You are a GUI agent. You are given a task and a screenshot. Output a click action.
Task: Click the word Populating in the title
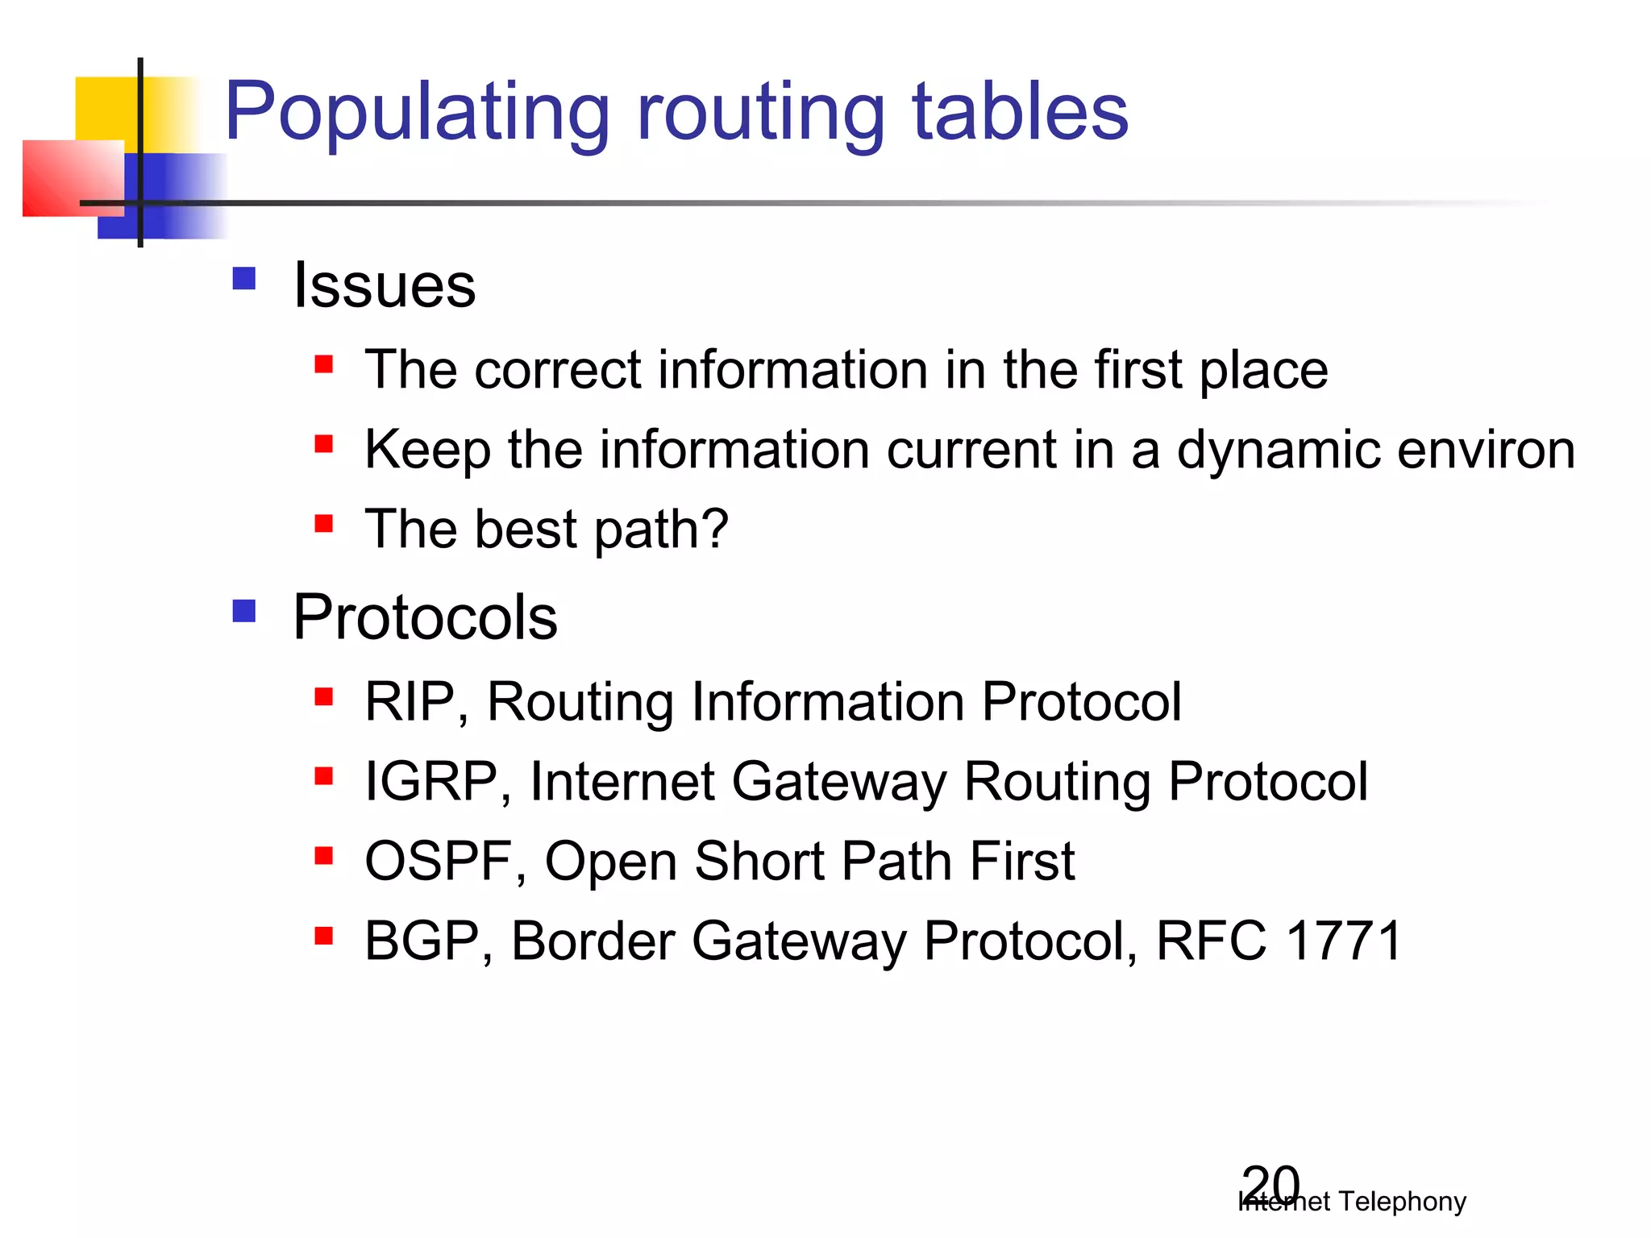click(417, 113)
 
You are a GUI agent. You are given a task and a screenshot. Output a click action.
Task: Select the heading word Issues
click(385, 286)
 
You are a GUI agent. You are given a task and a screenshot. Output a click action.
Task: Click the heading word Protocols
click(425, 618)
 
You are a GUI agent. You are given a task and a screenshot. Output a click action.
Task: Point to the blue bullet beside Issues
click(243, 279)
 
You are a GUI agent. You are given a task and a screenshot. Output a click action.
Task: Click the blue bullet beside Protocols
click(243, 610)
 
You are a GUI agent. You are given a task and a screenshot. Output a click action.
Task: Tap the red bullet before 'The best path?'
click(324, 524)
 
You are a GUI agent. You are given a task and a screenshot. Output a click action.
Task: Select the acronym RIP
click(410, 701)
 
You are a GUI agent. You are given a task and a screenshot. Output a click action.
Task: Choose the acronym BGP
click(421, 941)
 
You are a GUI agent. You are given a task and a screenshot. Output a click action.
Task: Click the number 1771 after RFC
click(1344, 941)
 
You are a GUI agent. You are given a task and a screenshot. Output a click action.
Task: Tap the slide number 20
click(1270, 1185)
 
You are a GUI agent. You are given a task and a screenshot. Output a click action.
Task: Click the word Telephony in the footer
click(1403, 1202)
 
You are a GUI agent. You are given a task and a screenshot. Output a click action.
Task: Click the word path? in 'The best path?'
click(661, 530)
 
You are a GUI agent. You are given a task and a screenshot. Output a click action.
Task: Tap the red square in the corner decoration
click(64, 177)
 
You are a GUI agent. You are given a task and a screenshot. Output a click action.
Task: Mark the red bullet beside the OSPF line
click(324, 855)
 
